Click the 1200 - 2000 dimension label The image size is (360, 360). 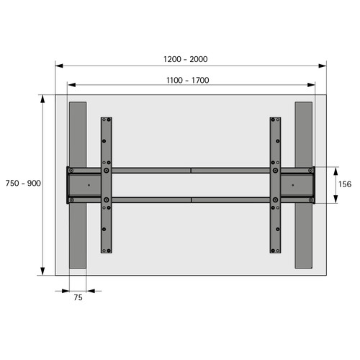[186, 59]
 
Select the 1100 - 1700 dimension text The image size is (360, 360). [188, 80]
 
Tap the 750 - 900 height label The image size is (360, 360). [23, 184]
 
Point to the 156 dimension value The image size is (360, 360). [345, 184]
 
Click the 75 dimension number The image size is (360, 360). [78, 297]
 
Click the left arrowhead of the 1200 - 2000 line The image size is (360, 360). [59, 66]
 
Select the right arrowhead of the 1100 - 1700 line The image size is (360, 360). [311, 85]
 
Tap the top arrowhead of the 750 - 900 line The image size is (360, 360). [42, 99]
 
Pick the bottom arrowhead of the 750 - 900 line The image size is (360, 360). [42, 271]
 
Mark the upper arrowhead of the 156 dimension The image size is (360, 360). [336, 171]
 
